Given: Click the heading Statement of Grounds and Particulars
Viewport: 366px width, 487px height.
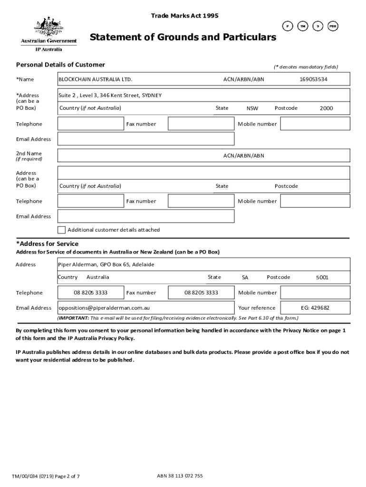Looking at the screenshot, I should pyautogui.click(x=183, y=37).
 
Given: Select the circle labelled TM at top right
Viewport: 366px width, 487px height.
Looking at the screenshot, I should pyautogui.click(x=302, y=27).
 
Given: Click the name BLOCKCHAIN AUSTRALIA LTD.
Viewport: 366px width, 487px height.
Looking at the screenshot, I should pyautogui.click(x=95, y=79).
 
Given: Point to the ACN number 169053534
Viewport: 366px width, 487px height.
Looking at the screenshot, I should pyautogui.click(x=313, y=79).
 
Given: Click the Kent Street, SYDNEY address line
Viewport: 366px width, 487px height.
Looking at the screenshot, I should pyautogui.click(x=110, y=96).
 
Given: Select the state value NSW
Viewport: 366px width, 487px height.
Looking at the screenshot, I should pyautogui.click(x=252, y=108).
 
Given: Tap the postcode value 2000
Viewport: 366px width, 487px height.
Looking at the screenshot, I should pyautogui.click(x=326, y=108).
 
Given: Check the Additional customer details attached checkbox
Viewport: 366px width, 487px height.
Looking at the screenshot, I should pyautogui.click(x=62, y=230).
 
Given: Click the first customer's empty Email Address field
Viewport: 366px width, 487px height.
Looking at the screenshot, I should pyautogui.click(x=146, y=139).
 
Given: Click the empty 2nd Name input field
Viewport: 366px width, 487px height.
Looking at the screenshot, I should pyautogui.click(x=138, y=156).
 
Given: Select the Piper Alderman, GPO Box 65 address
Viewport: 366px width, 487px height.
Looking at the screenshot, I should pyautogui.click(x=106, y=264).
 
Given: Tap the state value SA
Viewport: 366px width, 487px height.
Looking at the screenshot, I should pyautogui.click(x=245, y=277).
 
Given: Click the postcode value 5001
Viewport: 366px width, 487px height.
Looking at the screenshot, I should pyautogui.click(x=322, y=277).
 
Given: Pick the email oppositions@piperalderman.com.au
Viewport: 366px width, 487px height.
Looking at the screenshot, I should pyautogui.click(x=104, y=308).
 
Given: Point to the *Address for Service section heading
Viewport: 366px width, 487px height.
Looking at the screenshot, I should pyautogui.click(x=48, y=244).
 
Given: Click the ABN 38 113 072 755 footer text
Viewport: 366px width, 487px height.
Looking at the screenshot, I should pyautogui.click(x=180, y=476).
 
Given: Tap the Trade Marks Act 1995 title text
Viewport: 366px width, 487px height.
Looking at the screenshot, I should pyautogui.click(x=184, y=16).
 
